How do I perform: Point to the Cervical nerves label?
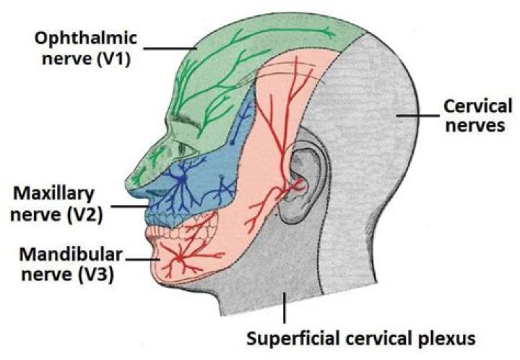(x=477, y=116)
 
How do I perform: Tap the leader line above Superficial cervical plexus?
(x=285, y=307)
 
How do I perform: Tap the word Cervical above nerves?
(x=477, y=107)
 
